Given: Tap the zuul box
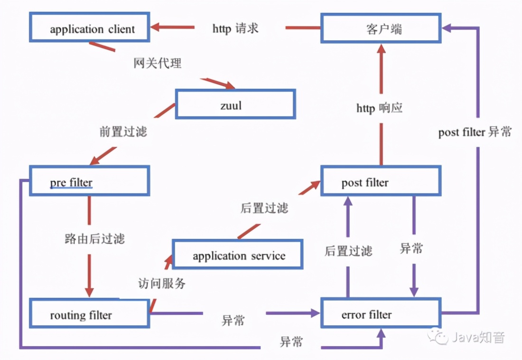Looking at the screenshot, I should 235,104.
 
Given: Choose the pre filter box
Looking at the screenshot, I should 89,181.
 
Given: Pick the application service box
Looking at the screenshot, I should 237,255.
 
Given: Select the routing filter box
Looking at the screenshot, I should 89,313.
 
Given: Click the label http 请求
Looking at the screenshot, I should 235,28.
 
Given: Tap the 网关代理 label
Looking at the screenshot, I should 157,63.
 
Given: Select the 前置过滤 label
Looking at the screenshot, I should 123,132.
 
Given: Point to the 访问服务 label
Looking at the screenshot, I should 162,284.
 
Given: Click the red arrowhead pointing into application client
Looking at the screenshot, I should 157,28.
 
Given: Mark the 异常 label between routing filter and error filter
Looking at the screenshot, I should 233,321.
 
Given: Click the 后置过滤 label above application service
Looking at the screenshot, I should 264,208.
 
